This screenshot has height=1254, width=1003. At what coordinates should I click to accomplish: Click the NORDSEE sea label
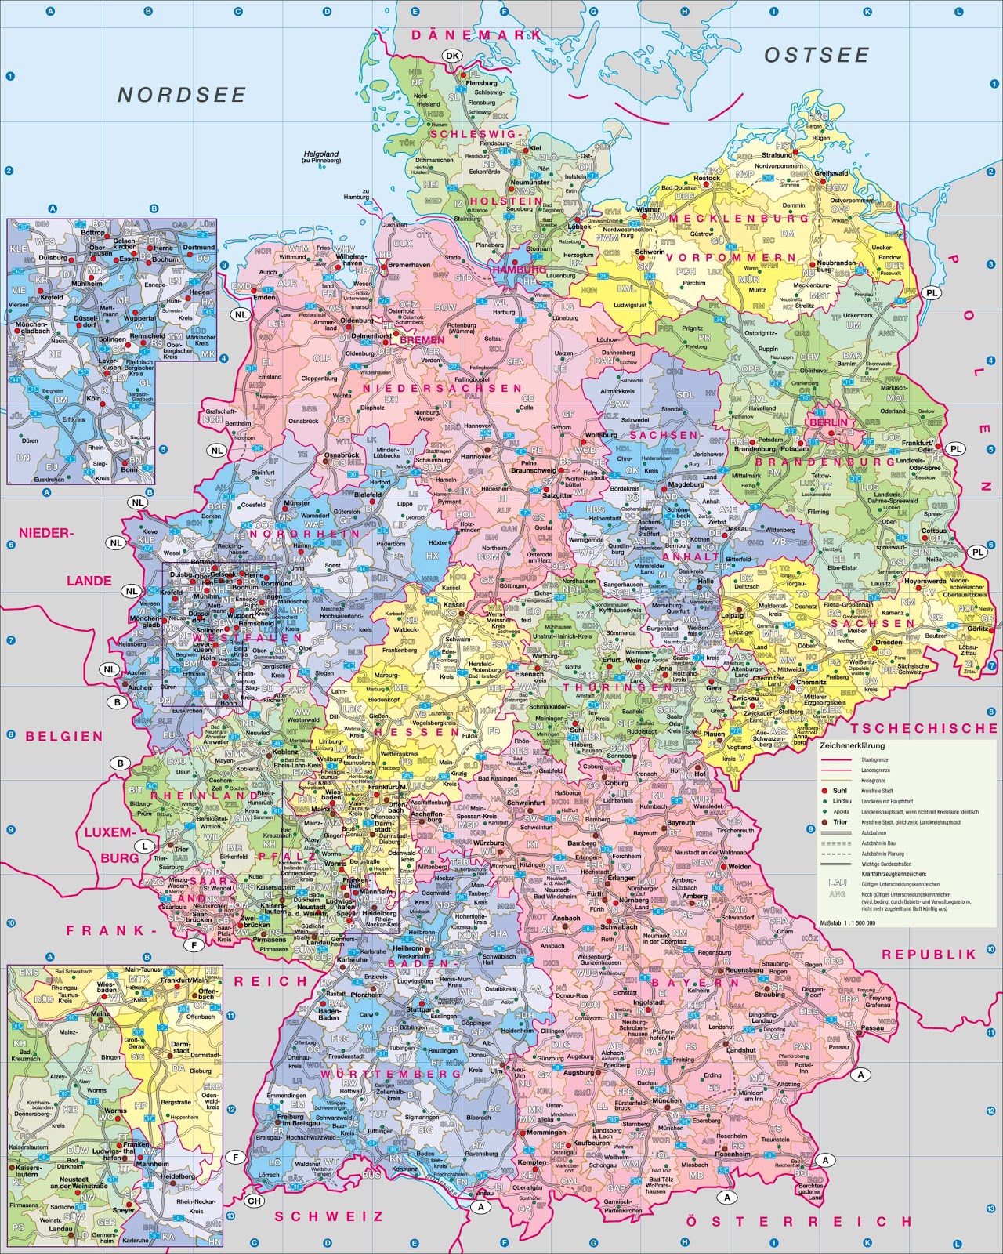click(182, 95)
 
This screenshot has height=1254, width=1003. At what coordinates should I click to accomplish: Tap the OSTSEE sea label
click(817, 55)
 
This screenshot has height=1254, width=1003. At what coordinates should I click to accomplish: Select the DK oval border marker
click(452, 56)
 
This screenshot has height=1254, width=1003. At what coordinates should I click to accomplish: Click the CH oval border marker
click(255, 1201)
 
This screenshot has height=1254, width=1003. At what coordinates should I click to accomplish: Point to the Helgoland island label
click(321, 154)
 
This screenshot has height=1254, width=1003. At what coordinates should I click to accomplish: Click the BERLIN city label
click(828, 422)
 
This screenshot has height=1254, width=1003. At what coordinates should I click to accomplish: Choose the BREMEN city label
click(422, 341)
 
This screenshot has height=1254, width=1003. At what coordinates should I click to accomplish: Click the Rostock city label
click(707, 178)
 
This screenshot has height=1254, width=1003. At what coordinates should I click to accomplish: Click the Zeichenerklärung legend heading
click(852, 746)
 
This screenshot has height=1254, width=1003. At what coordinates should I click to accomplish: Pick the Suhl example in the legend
click(839, 791)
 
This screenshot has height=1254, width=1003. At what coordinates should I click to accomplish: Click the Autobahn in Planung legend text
click(882, 854)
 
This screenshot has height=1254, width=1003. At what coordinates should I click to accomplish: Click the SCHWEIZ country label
click(328, 1216)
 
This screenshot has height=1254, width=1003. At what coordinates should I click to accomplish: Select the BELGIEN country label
click(64, 737)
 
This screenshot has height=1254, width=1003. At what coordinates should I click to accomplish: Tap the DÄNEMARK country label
click(476, 35)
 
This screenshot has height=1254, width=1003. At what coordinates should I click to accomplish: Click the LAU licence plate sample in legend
click(837, 883)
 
